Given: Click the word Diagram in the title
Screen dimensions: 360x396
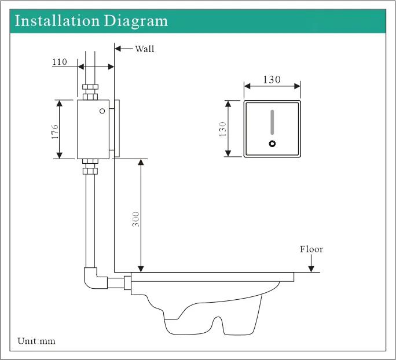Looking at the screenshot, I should (136, 21).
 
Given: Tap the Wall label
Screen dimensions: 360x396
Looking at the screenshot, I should (145, 49).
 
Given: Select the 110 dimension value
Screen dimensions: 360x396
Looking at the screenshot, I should (60, 62).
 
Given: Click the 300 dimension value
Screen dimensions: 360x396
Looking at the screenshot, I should (135, 218).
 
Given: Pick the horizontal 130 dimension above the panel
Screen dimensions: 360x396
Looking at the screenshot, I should (272, 80).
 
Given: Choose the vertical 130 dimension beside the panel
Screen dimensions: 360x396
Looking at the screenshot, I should (222, 128).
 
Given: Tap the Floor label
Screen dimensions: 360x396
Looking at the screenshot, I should (311, 249).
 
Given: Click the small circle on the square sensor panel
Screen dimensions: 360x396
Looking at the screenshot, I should (272, 144).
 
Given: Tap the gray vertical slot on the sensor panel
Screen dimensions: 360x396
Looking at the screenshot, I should (272, 123).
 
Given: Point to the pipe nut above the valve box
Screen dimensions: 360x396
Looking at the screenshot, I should (90, 91).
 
